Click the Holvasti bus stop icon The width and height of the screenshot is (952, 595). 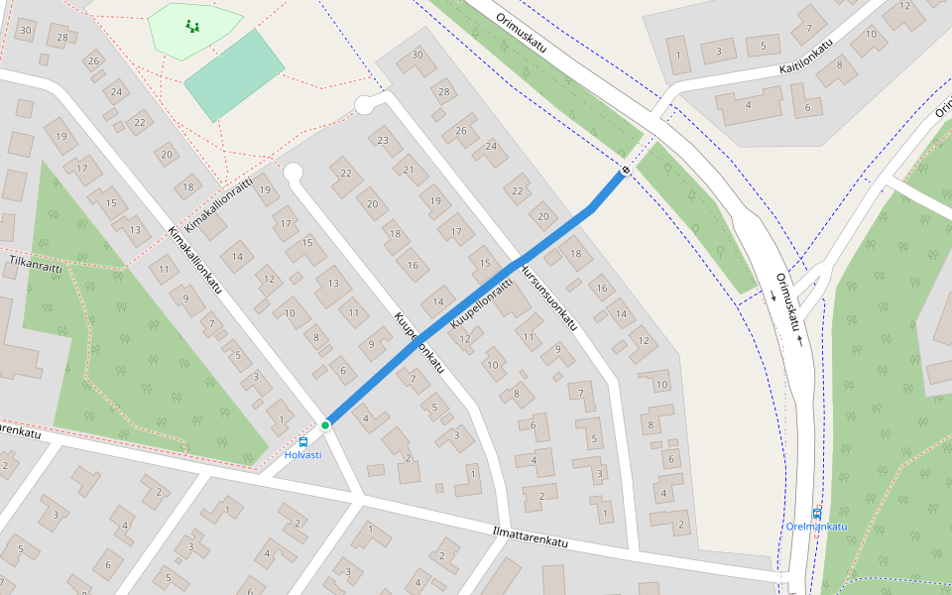coord(303,442)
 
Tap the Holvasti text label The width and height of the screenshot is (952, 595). coord(302,455)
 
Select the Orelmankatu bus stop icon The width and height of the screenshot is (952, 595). coord(817,514)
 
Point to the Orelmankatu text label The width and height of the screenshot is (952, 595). coord(816,527)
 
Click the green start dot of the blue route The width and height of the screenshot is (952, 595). coord(325,424)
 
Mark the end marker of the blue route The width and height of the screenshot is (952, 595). coord(625,171)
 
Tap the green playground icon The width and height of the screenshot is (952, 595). coord(191,27)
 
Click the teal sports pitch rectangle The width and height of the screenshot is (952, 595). coord(234,75)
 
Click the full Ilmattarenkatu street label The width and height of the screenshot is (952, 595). coord(531,536)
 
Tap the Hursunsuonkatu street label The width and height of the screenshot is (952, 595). coord(547,297)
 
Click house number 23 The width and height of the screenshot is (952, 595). coord(384,140)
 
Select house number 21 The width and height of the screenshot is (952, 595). coord(409,170)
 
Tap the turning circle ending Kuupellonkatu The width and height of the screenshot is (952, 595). coord(293,173)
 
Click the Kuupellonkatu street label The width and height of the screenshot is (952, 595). coord(420,346)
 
